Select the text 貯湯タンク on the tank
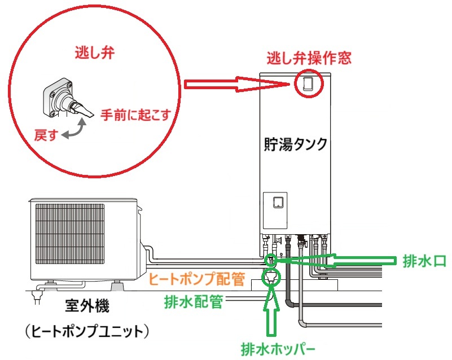tap(295, 144)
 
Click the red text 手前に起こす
tap(131, 113)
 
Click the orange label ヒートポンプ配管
tap(197, 278)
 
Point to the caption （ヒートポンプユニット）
tap(87, 332)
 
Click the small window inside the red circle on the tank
tap(308, 84)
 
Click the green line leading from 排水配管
tap(243, 302)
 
